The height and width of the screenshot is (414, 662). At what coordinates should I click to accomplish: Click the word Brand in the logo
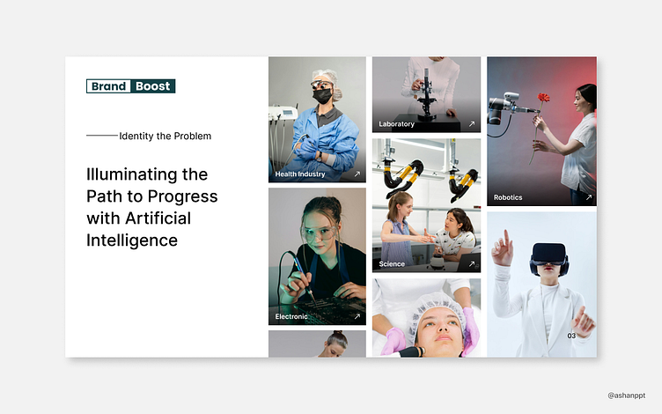108,86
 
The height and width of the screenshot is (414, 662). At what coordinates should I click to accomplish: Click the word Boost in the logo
153,86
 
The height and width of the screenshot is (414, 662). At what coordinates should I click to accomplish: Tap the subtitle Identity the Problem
165,136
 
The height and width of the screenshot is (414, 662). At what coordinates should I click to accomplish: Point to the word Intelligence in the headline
132,240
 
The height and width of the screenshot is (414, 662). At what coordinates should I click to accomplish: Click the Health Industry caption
300,174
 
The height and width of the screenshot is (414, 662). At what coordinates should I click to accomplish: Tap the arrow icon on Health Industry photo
357,174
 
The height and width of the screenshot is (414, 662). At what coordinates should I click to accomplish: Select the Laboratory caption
396,124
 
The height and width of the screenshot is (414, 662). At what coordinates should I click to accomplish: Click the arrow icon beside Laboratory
472,124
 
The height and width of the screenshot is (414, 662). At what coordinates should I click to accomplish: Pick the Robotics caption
508,197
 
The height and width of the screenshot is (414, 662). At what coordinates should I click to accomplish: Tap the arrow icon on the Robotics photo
589,197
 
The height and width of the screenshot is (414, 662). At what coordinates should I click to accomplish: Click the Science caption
392,264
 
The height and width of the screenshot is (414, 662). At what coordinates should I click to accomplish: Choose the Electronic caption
291,316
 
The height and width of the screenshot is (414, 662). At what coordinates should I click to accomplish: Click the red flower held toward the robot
543,98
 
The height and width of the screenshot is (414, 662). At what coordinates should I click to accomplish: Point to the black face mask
322,96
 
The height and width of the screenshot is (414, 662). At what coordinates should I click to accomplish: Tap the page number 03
571,336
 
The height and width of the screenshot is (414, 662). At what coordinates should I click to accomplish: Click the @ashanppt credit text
627,396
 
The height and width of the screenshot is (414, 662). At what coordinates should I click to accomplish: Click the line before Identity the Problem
102,136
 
